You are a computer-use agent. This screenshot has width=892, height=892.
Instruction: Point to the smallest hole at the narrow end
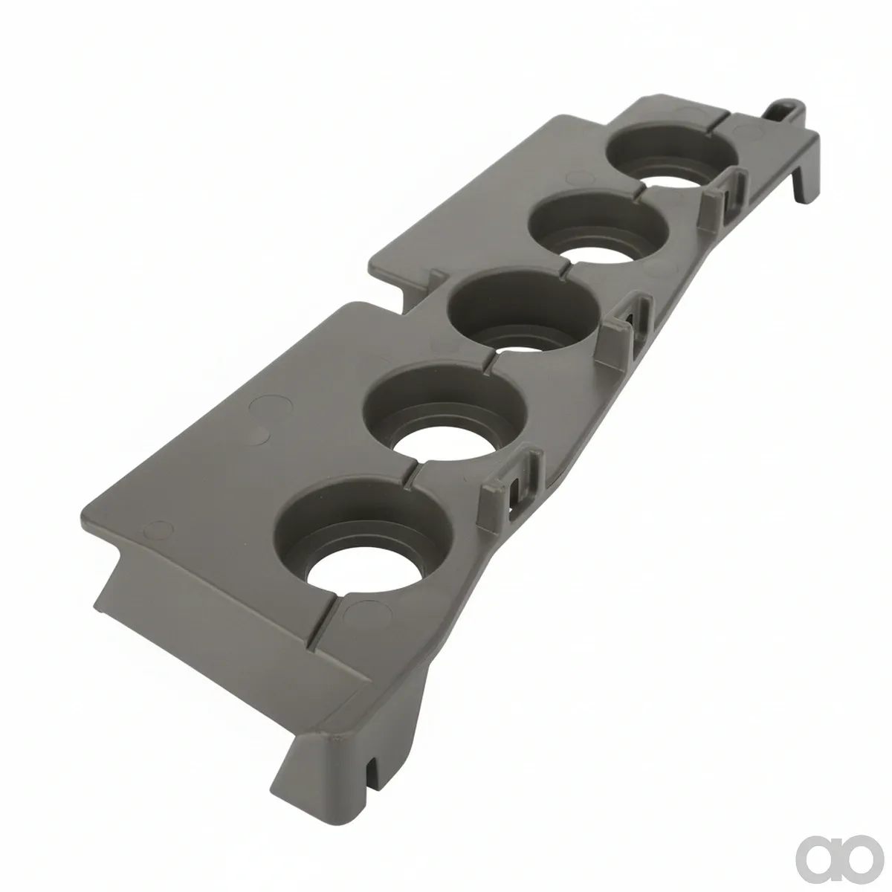tap(671, 158)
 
